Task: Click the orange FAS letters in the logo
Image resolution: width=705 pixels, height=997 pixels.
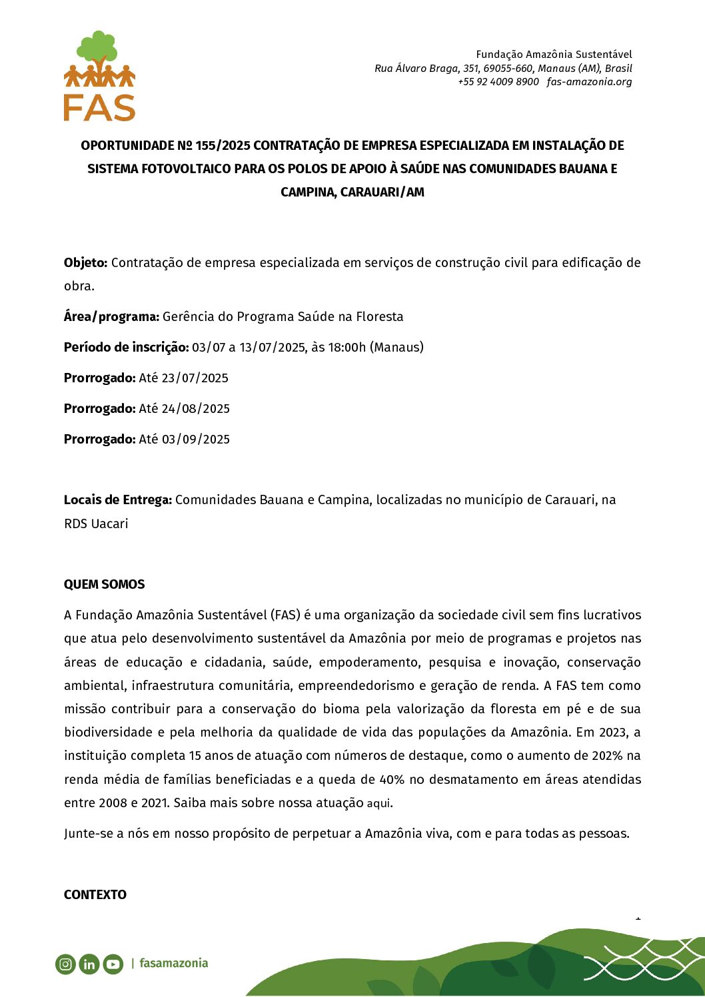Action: pos(99,107)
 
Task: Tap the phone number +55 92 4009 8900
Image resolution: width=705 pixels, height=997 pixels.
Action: pos(498,82)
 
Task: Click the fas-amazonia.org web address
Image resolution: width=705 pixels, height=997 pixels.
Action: pos(589,82)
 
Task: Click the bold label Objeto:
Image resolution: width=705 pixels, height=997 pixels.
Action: pos(85,263)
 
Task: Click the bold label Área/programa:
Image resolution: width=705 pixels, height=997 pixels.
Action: pos(111,317)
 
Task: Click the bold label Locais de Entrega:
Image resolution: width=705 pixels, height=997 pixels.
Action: pos(118,500)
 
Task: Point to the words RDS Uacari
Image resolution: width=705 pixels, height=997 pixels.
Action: pos(96,524)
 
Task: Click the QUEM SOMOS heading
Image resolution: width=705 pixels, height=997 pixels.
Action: pos(104,585)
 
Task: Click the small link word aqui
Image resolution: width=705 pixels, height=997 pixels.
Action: pos(379,804)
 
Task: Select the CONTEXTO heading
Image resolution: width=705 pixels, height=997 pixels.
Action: pos(95,895)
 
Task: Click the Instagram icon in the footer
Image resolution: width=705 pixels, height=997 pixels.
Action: pos(65,964)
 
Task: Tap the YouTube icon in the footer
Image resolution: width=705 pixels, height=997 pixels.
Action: pos(113,964)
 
